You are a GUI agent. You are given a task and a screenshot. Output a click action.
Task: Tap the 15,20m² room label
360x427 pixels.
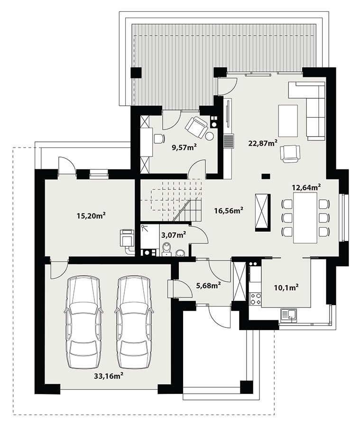(91, 216)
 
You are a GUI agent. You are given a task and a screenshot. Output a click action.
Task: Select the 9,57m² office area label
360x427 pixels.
(185, 148)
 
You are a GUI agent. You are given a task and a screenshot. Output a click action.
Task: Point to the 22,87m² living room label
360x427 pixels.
(263, 143)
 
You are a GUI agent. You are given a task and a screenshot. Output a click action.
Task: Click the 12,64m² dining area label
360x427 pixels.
(306, 187)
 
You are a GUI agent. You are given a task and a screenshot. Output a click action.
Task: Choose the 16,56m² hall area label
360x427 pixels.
(229, 211)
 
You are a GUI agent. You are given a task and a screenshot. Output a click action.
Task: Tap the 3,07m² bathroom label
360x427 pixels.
(174, 235)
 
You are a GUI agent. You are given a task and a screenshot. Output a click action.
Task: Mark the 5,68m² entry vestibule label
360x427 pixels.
(208, 286)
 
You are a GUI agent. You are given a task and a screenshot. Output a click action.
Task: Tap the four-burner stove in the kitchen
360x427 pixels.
(255, 298)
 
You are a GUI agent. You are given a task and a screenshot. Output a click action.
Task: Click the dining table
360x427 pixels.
(305, 218)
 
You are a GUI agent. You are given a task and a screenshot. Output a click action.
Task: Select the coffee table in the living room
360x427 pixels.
(287, 121)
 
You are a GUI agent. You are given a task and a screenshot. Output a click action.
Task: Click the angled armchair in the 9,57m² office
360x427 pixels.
(196, 127)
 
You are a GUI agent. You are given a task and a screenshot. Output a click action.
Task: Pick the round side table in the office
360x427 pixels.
(210, 136)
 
